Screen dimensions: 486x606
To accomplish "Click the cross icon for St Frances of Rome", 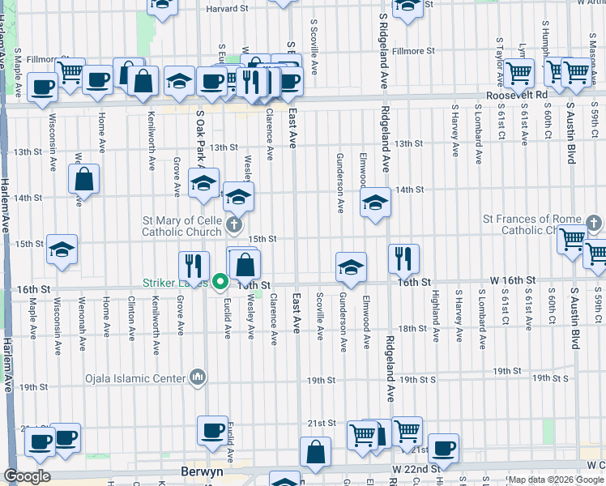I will click(593, 223).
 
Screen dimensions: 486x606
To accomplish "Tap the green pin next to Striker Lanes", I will click(220, 282).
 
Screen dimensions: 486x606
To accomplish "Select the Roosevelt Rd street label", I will click(518, 95).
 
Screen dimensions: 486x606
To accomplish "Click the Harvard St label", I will click(226, 8).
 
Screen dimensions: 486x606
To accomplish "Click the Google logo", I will click(27, 476).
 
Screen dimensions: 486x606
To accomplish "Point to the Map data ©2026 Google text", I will click(556, 480).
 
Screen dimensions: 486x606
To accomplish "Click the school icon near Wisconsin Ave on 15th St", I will click(62, 250).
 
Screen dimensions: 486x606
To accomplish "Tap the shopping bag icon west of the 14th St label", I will click(84, 180).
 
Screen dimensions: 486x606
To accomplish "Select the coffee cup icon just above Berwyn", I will click(213, 431).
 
